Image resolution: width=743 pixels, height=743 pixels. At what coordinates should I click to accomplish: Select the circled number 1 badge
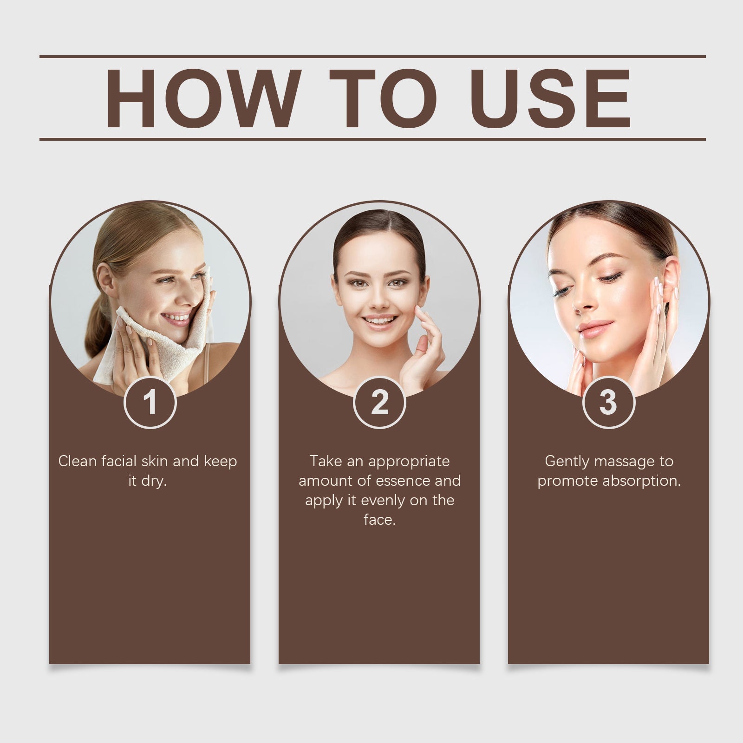[x=150, y=403]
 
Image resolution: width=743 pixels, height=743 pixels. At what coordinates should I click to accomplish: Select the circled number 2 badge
[x=379, y=403]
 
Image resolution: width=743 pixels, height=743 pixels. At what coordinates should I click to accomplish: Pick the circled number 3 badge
[x=608, y=403]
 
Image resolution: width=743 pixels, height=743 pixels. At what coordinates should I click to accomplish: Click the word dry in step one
[x=153, y=481]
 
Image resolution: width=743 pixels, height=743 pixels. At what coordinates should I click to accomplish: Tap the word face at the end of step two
[x=378, y=520]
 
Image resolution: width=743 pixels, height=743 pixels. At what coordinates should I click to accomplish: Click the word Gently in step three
[x=567, y=461]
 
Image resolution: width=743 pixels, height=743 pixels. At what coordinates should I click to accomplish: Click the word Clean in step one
[x=78, y=461]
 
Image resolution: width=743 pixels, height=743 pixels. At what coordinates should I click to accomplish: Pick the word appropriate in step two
[x=409, y=461]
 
